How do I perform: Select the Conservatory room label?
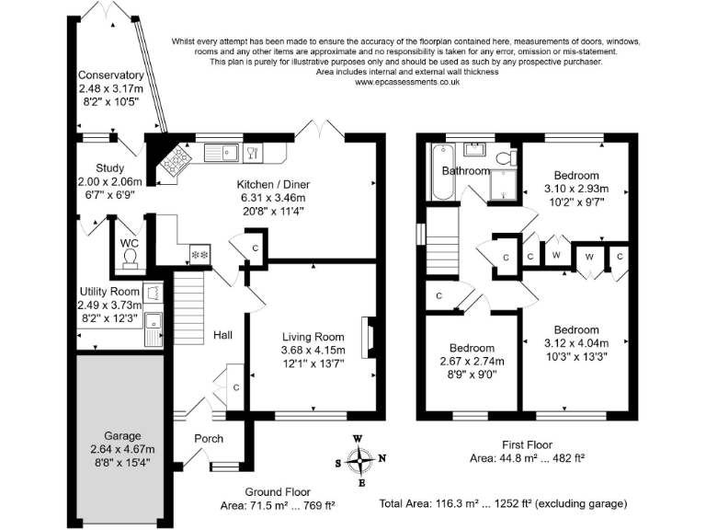pyautogui.click(x=110, y=75)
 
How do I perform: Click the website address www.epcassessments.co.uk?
pyautogui.click(x=406, y=82)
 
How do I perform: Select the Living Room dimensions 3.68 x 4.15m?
pyautogui.click(x=313, y=350)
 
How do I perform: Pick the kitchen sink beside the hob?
pyautogui.click(x=218, y=152)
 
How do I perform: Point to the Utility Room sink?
pyautogui.click(x=154, y=325)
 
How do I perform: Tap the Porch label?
pyautogui.click(x=208, y=438)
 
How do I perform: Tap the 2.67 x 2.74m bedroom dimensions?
pyautogui.click(x=472, y=361)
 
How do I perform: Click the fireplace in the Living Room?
pyautogui.click(x=369, y=338)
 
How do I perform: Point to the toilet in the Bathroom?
pyautogui.click(x=504, y=159)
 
